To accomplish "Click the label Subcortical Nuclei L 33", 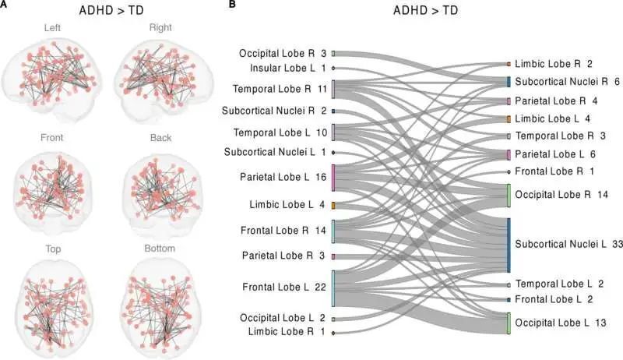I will click(x=568, y=245).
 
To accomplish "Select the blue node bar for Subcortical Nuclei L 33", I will click(x=509, y=245).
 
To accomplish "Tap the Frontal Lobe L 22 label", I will click(x=283, y=287).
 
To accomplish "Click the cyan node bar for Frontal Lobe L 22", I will click(x=333, y=288).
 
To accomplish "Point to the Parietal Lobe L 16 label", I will click(x=283, y=178).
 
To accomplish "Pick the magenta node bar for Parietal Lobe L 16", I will click(x=333, y=178).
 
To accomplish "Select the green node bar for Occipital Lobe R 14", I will click(x=509, y=195).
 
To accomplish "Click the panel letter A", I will click(x=5, y=6).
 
